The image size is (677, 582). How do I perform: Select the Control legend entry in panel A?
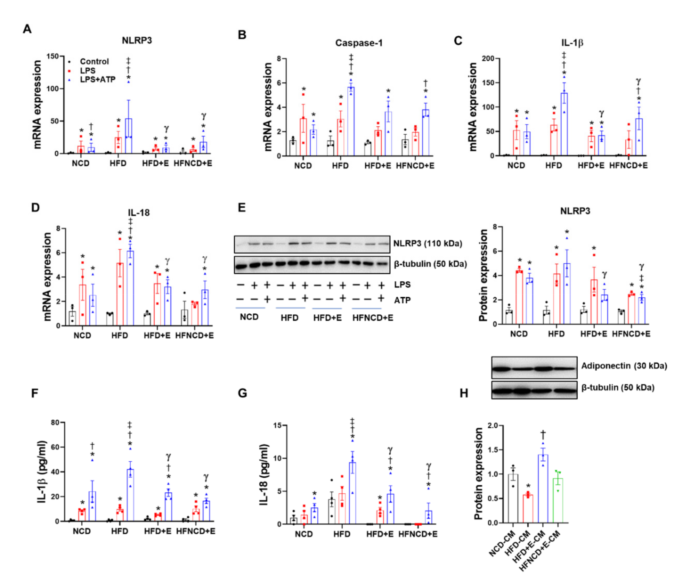[94, 61]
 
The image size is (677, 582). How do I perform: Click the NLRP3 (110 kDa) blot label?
[427, 243]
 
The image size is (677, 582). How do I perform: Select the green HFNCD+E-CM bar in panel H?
[557, 500]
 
